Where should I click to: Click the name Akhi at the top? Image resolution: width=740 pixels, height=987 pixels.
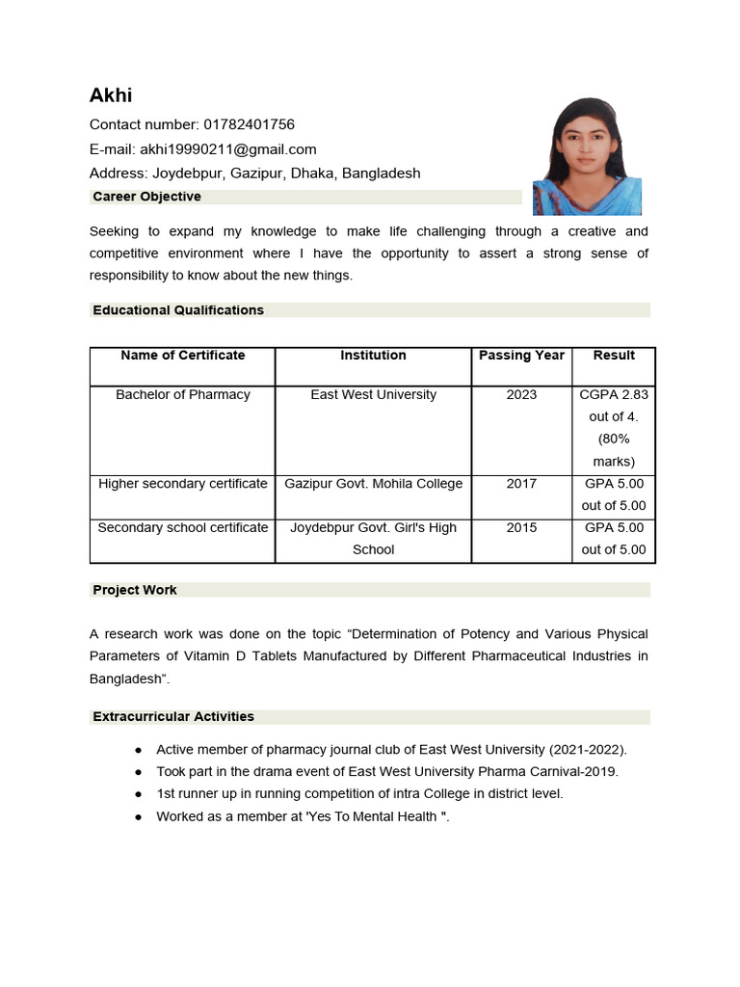[x=111, y=94]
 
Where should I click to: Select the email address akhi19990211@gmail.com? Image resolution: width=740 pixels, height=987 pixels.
[x=228, y=149]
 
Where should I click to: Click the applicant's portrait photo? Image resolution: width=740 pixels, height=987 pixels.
[x=587, y=156]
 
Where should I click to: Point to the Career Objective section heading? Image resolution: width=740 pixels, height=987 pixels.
[x=146, y=197]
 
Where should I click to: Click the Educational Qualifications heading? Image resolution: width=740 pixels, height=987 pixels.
[x=178, y=310]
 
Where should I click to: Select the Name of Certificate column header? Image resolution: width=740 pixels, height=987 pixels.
[x=183, y=356]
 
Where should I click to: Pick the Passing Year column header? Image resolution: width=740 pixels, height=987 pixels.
[x=521, y=356]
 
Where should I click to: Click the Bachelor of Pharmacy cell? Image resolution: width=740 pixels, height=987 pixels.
[x=183, y=395]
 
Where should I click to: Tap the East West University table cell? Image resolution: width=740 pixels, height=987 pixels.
[x=373, y=395]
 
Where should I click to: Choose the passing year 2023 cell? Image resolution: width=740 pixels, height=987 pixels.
[x=521, y=395]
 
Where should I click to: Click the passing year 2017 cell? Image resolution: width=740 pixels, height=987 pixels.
[x=521, y=484]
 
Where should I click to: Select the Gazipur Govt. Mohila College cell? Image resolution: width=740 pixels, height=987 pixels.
[x=373, y=484]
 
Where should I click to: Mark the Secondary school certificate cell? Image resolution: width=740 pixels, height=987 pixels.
[x=183, y=528]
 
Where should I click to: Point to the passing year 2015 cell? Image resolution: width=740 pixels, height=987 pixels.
[x=521, y=528]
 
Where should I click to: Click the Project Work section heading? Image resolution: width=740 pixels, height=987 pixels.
[x=135, y=590]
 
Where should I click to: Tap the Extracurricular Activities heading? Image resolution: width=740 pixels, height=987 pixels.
[x=173, y=717]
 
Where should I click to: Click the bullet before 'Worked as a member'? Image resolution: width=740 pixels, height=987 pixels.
[x=139, y=817]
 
